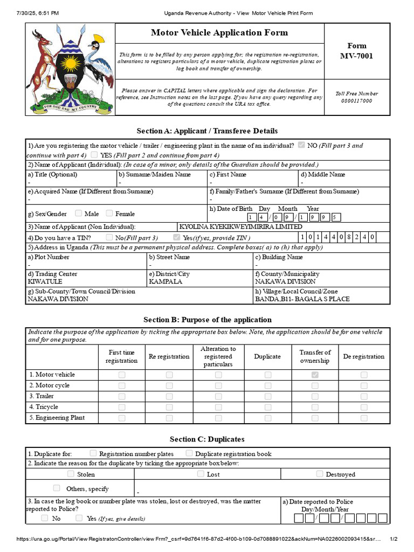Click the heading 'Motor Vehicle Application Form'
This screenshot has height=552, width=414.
click(219, 33)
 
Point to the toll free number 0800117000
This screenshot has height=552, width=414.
click(356, 101)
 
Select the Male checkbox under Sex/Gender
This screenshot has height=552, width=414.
click(79, 213)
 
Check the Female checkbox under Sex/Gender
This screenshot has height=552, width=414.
click(109, 213)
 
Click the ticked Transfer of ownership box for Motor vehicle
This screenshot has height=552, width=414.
click(315, 375)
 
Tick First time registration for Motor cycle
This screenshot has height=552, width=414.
click(122, 385)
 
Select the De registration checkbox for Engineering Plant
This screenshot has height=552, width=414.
click(364, 418)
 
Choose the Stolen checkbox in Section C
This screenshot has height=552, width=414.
click(71, 474)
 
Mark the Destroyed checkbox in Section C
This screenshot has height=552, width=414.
click(320, 474)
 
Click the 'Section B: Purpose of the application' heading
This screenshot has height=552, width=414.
click(208, 320)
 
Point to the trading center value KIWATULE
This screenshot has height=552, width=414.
click(45, 281)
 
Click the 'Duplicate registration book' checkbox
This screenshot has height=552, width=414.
click(189, 453)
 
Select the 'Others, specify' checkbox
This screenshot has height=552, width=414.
click(57, 488)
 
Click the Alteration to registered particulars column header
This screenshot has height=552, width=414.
click(218, 356)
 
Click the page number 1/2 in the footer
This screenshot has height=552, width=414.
click(393, 539)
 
